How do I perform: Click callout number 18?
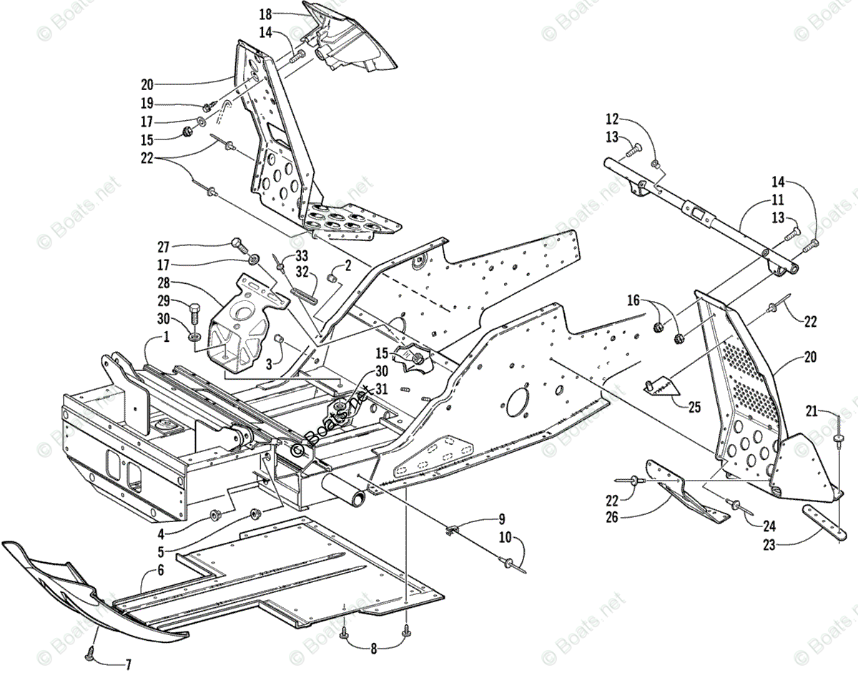tap(265, 14)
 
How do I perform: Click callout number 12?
tap(613, 119)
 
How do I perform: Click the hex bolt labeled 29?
tap(194, 313)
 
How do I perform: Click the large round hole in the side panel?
tap(519, 402)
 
